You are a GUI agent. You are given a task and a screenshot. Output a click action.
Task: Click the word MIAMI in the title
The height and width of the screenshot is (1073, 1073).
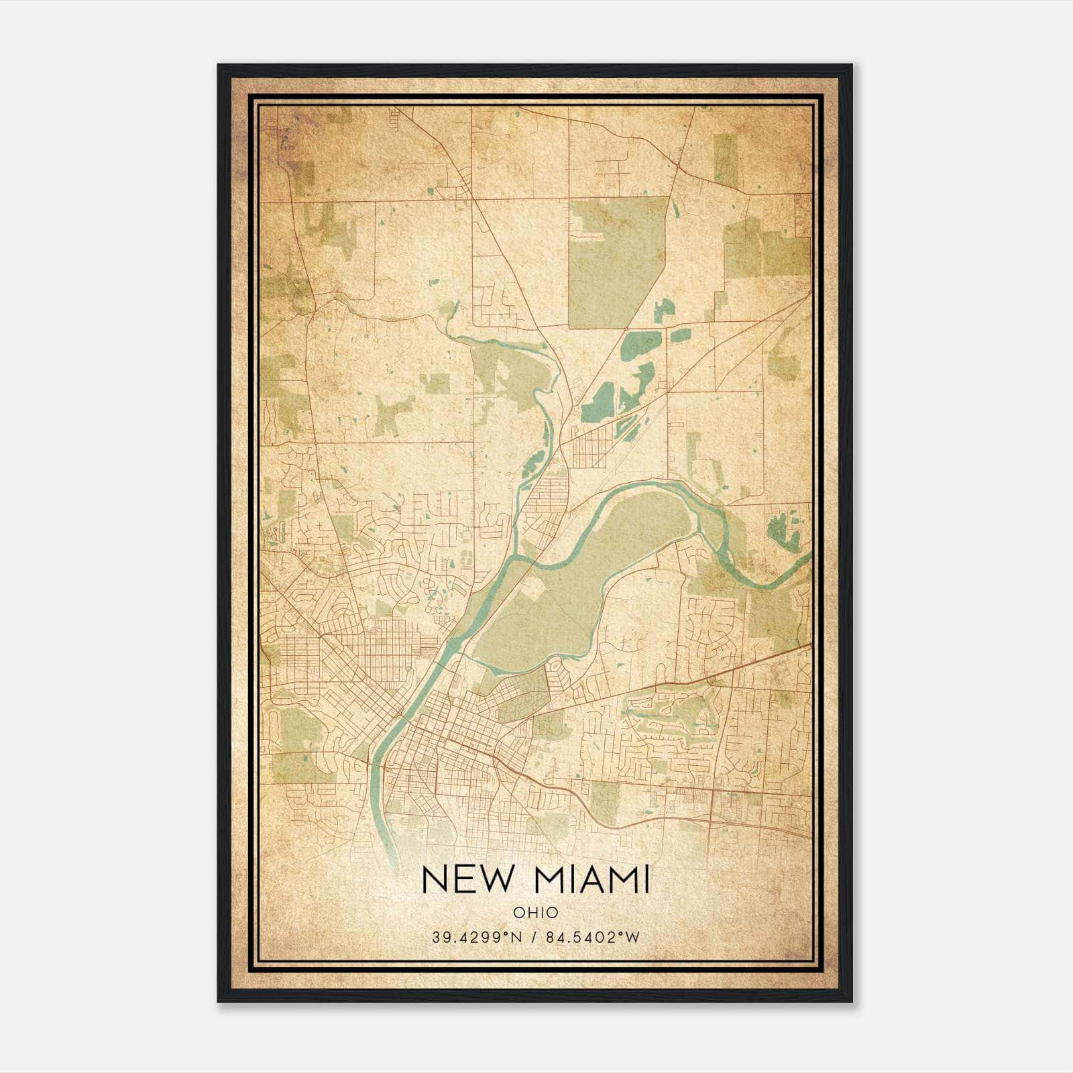tap(590, 880)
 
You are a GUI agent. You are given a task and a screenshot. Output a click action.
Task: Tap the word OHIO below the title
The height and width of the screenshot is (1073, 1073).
tap(536, 913)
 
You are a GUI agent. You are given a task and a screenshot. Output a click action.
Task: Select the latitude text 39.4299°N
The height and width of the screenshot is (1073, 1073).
tap(477, 937)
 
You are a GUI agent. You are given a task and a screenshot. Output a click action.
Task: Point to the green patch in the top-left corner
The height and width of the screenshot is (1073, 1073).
tap(302, 174)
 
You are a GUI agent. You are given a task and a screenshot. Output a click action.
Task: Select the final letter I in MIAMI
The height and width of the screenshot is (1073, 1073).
tap(646, 880)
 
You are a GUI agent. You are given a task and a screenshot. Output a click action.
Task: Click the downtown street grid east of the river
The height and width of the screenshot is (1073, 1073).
tap(456, 744)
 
